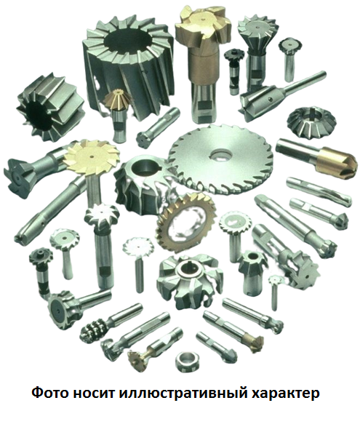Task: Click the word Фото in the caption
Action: click(50, 393)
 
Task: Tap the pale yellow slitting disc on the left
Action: click(92, 156)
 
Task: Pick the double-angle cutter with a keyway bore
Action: click(311, 121)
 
